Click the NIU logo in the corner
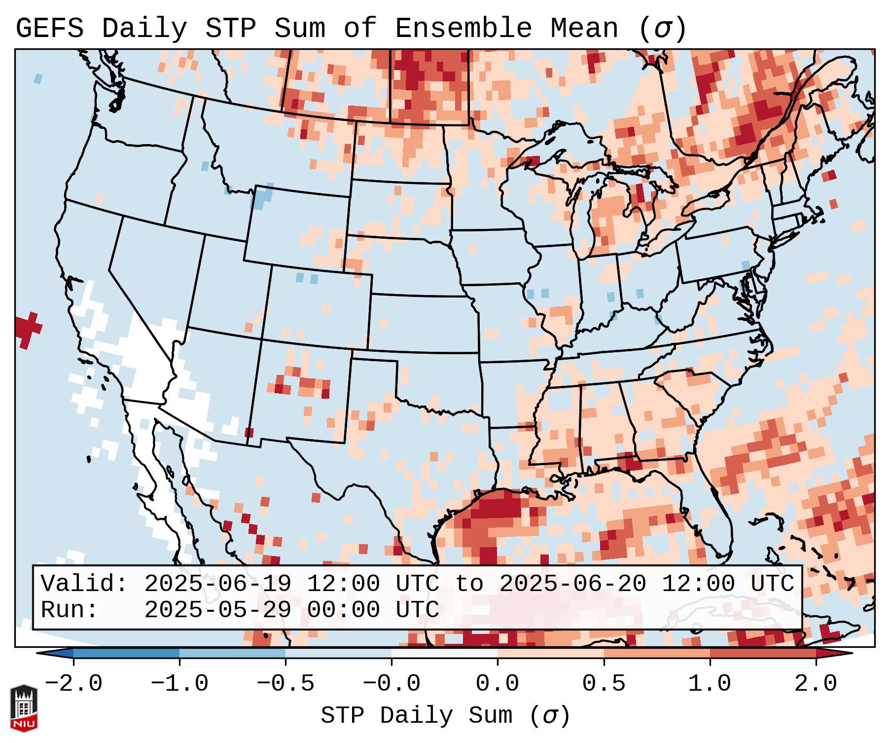click(24, 707)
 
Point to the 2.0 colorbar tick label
click(816, 684)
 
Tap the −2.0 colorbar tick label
click(73, 684)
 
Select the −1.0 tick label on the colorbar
click(179, 684)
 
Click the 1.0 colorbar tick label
click(710, 684)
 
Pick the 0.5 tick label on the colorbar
click(604, 684)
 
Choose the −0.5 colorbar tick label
click(285, 684)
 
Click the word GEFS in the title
click(49, 29)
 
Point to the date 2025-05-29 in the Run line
click(217, 610)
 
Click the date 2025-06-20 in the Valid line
click(572, 584)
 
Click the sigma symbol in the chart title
click(662, 29)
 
